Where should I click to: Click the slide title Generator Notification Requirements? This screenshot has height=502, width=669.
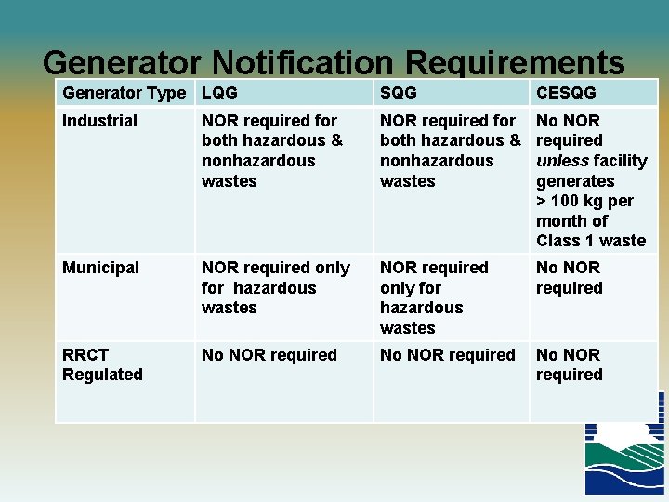point(334,62)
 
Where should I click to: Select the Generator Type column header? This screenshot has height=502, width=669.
point(125,93)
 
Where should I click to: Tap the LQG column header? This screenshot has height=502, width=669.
point(219,93)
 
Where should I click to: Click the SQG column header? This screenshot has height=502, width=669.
point(399,93)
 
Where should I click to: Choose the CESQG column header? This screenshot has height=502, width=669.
point(566,93)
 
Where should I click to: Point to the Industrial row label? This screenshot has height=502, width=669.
point(99,121)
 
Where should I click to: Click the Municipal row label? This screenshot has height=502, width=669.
point(100,268)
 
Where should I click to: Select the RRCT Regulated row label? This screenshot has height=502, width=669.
point(102,364)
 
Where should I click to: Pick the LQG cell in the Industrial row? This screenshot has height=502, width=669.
point(271,151)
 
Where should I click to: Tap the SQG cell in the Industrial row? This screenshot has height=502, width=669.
point(450,151)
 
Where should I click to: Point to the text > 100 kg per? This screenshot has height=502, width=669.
point(584,201)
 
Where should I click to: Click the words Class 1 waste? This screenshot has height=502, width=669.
point(591,241)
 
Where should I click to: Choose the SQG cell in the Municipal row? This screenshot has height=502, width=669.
point(434,297)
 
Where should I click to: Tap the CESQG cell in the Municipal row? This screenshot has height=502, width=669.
point(569,278)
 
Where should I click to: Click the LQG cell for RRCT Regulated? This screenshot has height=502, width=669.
point(269,355)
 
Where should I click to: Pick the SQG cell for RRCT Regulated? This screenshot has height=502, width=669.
point(447,355)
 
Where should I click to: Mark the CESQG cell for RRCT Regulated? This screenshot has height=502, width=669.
point(569,364)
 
